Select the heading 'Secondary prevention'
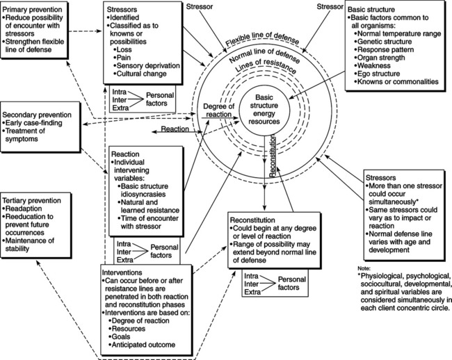click(x=40, y=115)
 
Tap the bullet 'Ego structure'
click(x=387, y=73)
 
